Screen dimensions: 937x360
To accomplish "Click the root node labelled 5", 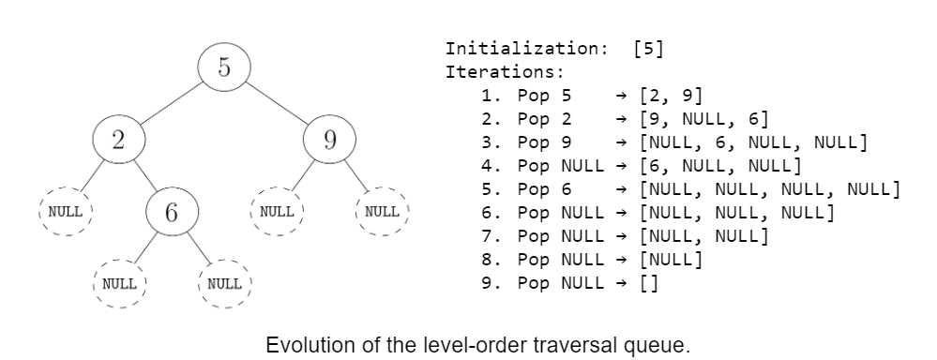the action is click(x=223, y=67).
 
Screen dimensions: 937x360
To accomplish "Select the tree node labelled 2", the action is click(x=118, y=140).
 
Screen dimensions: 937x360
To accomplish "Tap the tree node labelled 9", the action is click(x=330, y=140).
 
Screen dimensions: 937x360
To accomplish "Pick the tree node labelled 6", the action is click(x=171, y=211).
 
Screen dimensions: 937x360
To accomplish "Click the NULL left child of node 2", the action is click(x=66, y=211).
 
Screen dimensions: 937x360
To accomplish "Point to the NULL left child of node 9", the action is click(x=278, y=211).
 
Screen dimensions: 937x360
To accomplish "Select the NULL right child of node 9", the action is click(x=383, y=211).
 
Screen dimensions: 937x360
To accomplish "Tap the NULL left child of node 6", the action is click(x=119, y=282).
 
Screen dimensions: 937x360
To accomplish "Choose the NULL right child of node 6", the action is click(x=224, y=282).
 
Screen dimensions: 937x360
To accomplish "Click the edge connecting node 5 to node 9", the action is click(x=277, y=103).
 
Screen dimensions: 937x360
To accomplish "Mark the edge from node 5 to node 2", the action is click(x=171, y=103).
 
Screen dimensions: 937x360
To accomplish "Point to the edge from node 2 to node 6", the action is click(x=144, y=175).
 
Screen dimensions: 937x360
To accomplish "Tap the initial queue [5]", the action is click(x=649, y=49).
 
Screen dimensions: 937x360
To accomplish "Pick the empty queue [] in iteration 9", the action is click(x=648, y=283).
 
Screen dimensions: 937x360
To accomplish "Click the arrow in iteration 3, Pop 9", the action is click(x=620, y=142).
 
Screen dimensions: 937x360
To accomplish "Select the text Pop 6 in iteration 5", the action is click(x=545, y=189).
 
